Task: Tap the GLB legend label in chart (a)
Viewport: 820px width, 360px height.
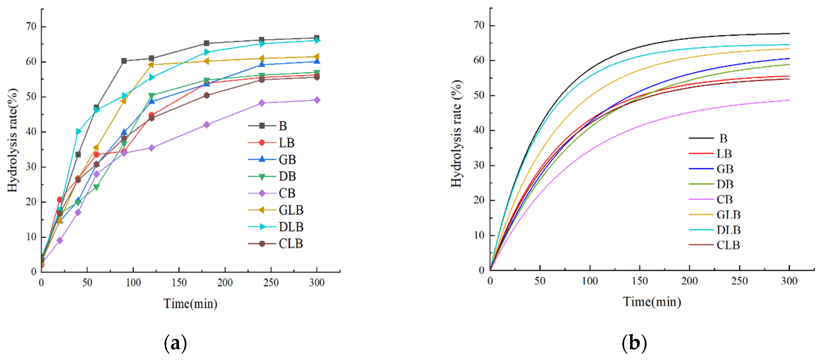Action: [x=291, y=210]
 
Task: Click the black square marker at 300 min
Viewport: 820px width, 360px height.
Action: [x=317, y=38]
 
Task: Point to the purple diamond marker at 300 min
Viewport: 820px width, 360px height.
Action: [x=317, y=100]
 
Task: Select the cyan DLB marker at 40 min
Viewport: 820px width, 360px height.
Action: [x=78, y=131]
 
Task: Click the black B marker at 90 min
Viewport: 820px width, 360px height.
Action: [x=124, y=61]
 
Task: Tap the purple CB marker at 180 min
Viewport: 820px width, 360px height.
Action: [x=207, y=125]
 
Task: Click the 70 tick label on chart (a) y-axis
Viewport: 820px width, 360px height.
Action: [x=31, y=26]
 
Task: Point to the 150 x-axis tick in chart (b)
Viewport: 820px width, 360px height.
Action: [x=640, y=281]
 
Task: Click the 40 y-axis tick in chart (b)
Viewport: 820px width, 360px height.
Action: [x=479, y=130]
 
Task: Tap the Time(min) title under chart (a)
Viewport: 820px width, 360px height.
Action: [x=190, y=303]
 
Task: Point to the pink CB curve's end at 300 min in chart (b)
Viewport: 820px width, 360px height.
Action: [x=789, y=100]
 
